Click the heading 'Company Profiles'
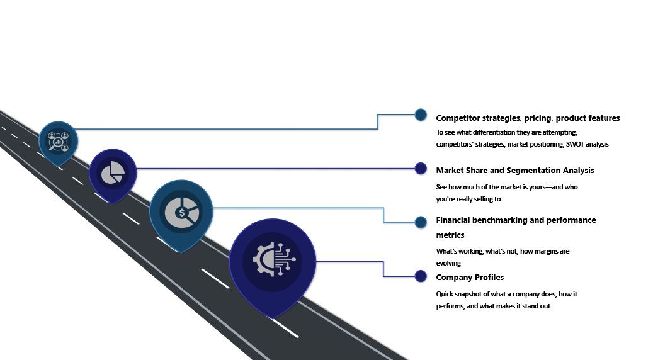pos(470,278)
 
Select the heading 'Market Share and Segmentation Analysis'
pos(514,171)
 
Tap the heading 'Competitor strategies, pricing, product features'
pos(528,118)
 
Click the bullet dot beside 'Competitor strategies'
pos(421,115)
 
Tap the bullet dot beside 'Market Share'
pos(421,168)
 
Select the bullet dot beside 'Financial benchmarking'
pos(421,222)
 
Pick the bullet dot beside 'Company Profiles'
pos(421,276)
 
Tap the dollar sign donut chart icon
pos(181,213)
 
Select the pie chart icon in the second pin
pos(113,172)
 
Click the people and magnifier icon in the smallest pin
pos(59,142)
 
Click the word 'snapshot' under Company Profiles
pos(472,295)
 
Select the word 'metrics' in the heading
pos(450,235)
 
